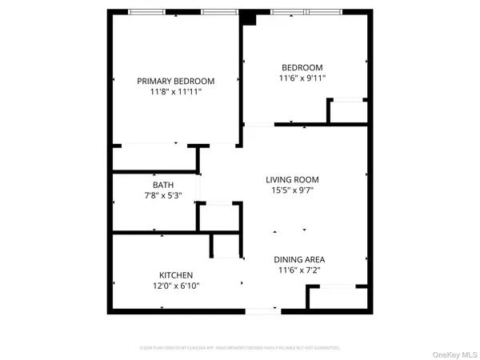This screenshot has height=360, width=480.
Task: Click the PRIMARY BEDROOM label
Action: click(x=175, y=81)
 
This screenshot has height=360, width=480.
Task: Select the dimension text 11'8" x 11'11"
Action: click(x=175, y=92)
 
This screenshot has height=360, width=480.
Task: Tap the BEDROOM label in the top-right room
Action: click(x=302, y=67)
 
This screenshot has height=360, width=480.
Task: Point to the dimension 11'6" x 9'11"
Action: click(x=302, y=78)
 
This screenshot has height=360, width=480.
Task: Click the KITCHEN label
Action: click(x=175, y=275)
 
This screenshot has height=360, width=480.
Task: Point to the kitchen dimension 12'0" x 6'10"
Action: click(x=175, y=286)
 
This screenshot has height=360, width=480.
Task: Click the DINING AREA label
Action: click(x=299, y=259)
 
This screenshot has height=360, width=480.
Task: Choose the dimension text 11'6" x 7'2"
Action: click(x=299, y=270)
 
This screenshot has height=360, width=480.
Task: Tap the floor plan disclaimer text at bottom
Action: click(x=240, y=348)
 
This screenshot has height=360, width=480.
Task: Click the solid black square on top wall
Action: click(x=249, y=19)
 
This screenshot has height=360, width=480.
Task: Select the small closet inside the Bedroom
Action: click(x=347, y=111)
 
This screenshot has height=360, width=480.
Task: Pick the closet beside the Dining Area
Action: click(x=336, y=298)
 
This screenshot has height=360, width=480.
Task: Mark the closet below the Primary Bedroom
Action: click(x=154, y=158)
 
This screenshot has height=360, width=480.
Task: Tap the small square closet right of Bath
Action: click(x=219, y=216)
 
